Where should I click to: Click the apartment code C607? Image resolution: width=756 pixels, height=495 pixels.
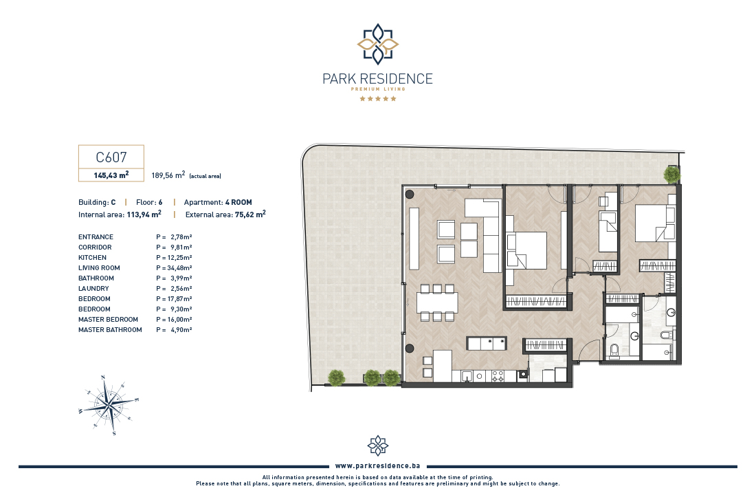[111, 157]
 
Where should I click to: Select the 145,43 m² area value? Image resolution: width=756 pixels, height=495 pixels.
[111, 175]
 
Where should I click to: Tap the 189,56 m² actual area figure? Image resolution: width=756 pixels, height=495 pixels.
[168, 175]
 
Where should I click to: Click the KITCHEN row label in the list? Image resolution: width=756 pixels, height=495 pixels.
[93, 258]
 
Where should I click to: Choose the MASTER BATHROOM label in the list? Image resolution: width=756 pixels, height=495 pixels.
[111, 330]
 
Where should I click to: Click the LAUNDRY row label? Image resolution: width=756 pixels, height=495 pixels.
[93, 289]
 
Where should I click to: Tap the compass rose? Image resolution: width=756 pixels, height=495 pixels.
[109, 405]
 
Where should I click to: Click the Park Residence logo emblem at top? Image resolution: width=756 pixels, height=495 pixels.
[378, 44]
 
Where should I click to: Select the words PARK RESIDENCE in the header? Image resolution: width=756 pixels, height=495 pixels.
[377, 78]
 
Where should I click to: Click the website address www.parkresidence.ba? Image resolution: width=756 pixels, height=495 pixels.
[377, 466]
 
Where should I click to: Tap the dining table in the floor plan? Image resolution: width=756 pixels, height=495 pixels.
[437, 302]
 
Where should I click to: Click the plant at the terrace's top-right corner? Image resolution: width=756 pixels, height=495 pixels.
[671, 174]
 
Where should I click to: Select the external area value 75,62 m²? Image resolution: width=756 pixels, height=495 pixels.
[250, 214]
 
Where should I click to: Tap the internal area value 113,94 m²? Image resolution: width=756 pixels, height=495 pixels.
[144, 214]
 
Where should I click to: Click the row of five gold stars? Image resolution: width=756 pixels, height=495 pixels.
[378, 99]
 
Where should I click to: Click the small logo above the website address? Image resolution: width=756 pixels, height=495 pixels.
[378, 445]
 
